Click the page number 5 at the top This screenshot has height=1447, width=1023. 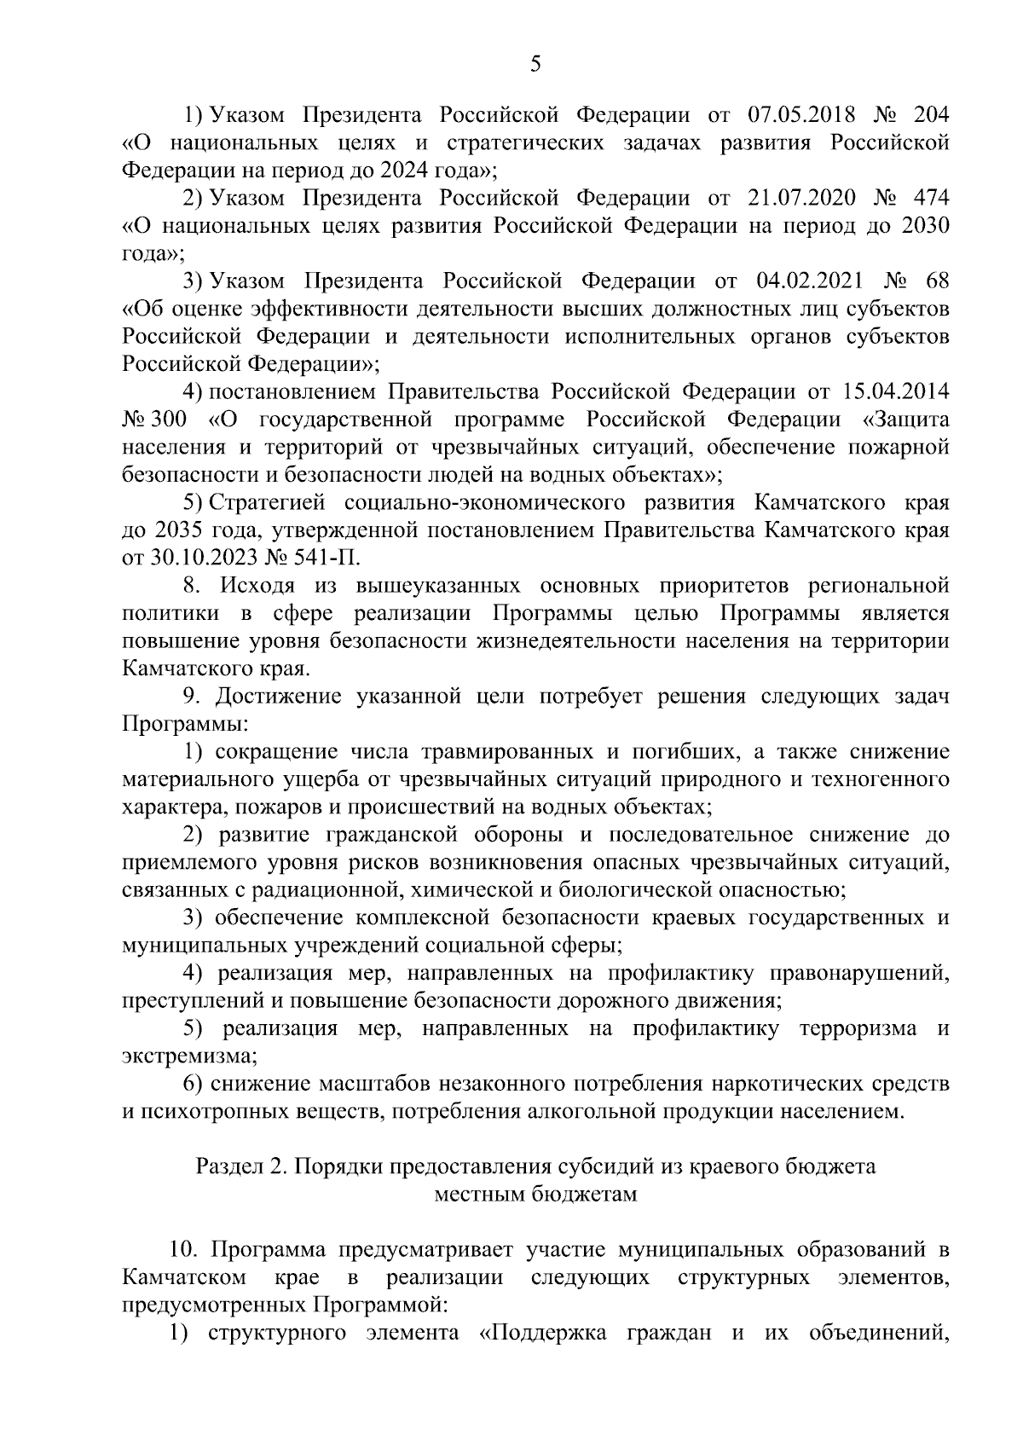pyautogui.click(x=535, y=64)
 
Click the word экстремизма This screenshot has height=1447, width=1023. pyautogui.click(x=188, y=1056)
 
